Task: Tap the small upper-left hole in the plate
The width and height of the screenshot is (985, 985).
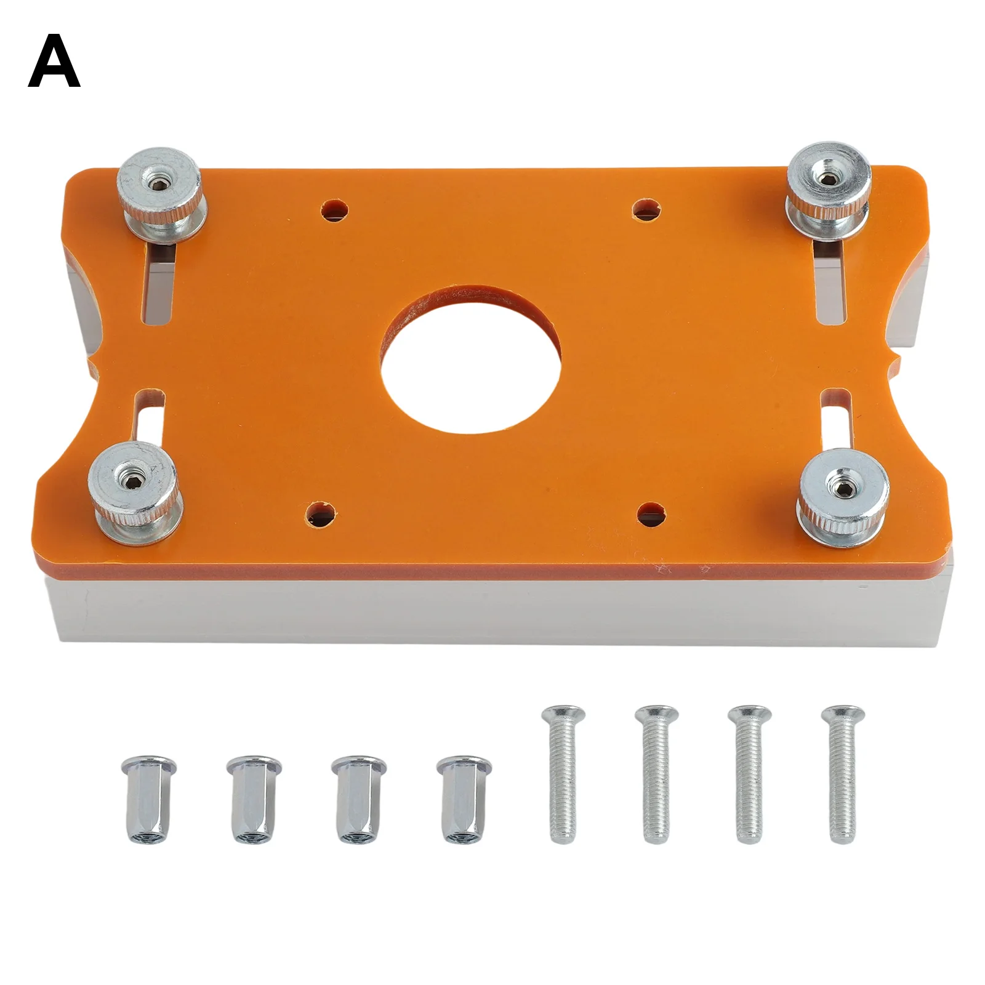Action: pyautogui.click(x=334, y=209)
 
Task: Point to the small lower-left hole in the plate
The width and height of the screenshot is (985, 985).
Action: pyautogui.click(x=321, y=513)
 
